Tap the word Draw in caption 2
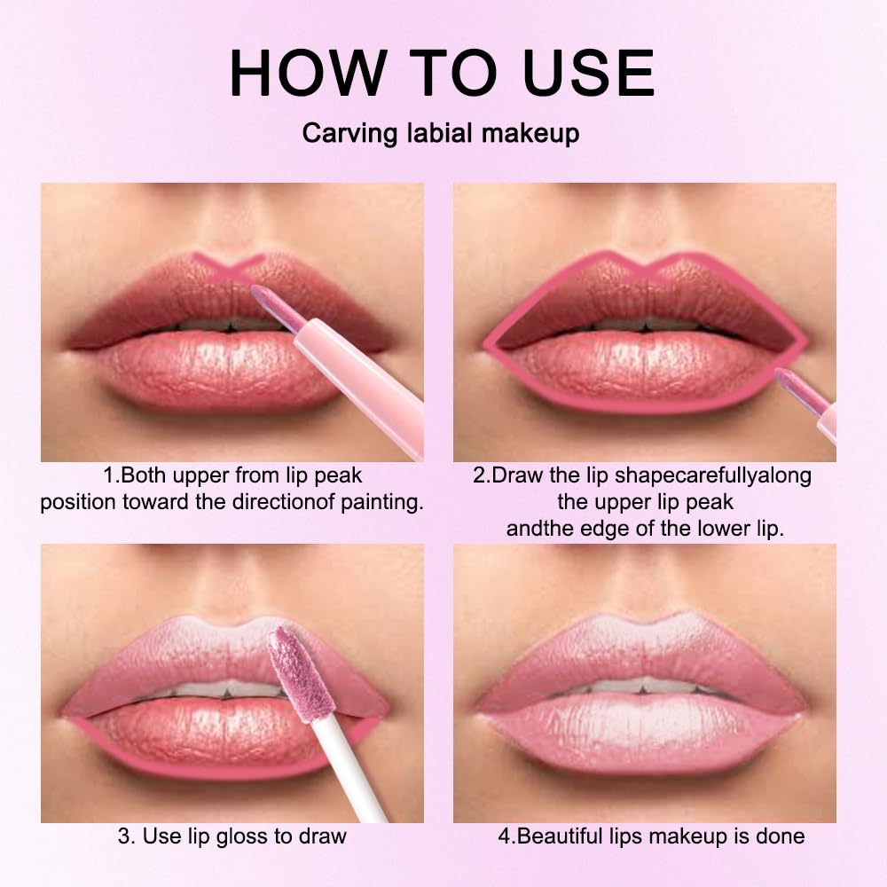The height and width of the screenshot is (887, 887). [515, 475]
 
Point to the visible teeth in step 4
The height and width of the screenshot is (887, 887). [643, 685]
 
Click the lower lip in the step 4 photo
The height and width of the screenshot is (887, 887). [643, 732]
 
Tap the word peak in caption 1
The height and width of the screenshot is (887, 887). [341, 475]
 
